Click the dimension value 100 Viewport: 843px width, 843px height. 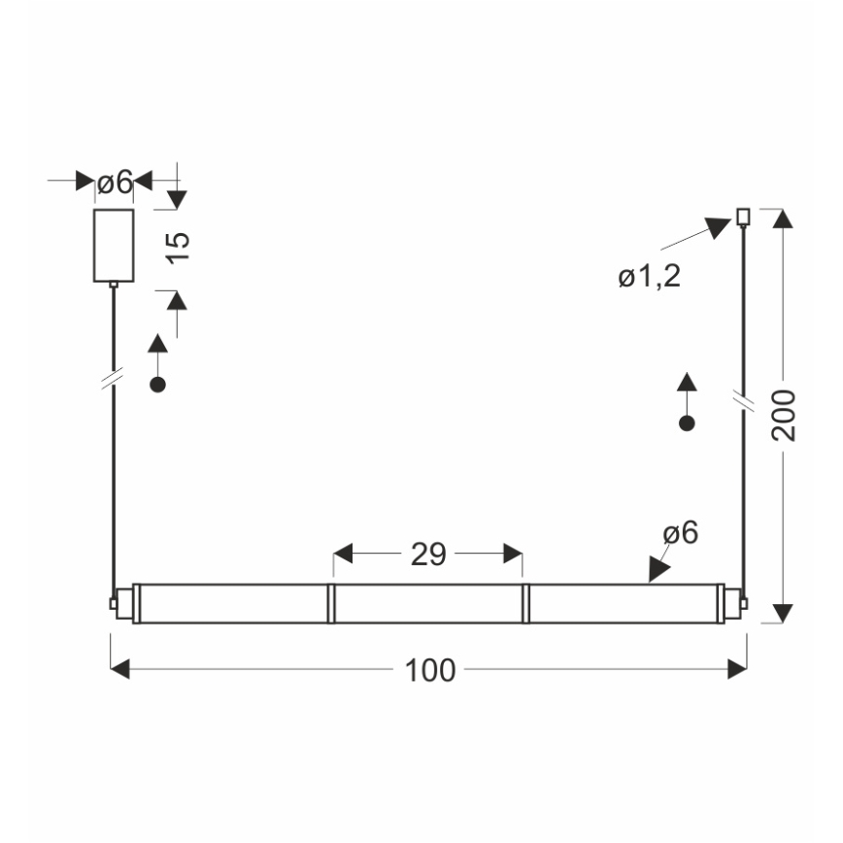click(428, 669)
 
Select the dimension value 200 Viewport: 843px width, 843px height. click(784, 416)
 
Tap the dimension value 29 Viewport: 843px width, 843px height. click(427, 555)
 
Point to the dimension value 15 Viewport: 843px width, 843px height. click(178, 247)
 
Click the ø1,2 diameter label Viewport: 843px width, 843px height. click(650, 278)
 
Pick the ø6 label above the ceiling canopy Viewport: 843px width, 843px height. click(115, 182)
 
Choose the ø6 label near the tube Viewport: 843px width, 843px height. click(680, 533)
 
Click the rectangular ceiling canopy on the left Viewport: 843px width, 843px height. click(114, 246)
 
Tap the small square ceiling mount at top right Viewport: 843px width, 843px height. click(744, 216)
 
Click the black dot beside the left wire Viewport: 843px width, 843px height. click(157, 385)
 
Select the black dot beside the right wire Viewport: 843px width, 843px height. click(687, 422)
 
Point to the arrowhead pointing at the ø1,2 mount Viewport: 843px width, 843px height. click(719, 228)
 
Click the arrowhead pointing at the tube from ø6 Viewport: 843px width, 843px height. click(659, 570)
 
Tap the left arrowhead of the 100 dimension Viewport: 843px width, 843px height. click(119, 669)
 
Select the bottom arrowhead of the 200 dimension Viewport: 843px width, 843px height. click(784, 613)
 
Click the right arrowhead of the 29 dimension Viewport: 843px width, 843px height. click(513, 555)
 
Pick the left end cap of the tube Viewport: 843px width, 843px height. click(116, 603)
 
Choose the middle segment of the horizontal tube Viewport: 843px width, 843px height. click(427, 603)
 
